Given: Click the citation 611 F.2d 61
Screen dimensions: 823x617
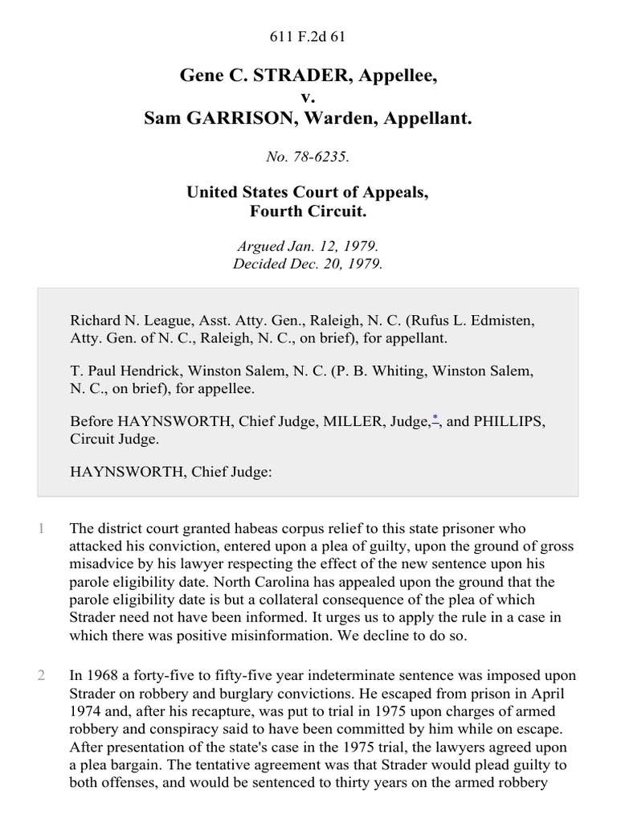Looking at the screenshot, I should click(x=308, y=35).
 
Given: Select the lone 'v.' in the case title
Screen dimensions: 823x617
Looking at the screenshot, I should click(x=308, y=97).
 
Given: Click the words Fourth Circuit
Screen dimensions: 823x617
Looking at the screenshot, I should click(x=308, y=213).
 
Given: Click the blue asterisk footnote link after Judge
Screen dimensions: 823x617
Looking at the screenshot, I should click(x=435, y=418).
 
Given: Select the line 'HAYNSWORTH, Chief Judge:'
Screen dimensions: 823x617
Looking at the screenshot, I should click(x=171, y=473).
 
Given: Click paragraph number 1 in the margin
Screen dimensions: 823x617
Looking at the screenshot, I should click(x=40, y=528).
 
